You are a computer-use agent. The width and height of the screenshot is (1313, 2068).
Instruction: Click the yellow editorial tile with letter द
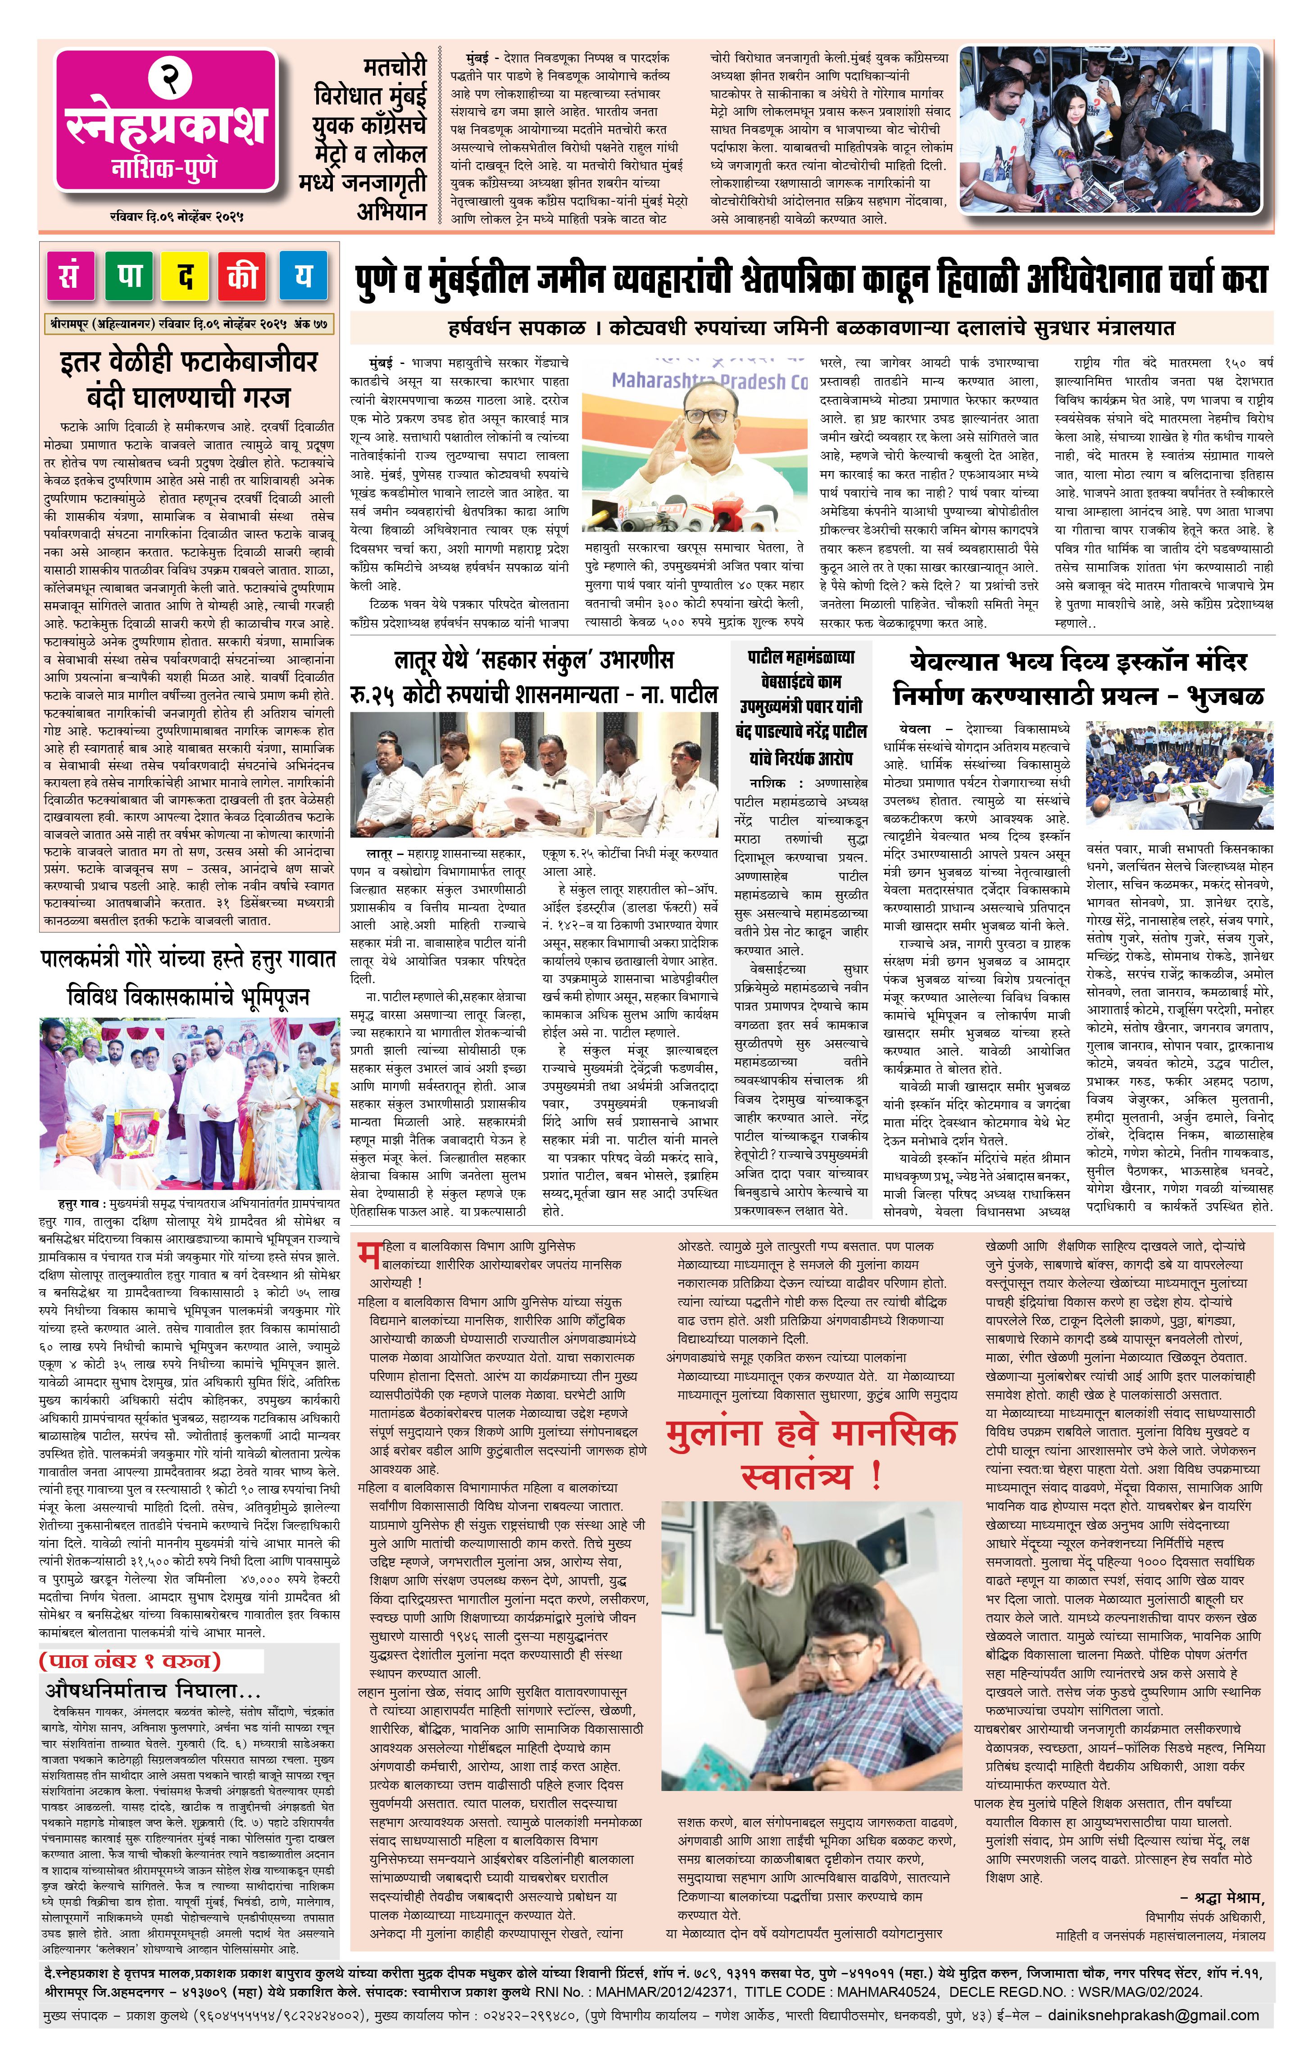coord(186,277)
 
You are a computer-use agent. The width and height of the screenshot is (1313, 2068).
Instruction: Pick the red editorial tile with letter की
coord(243,277)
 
